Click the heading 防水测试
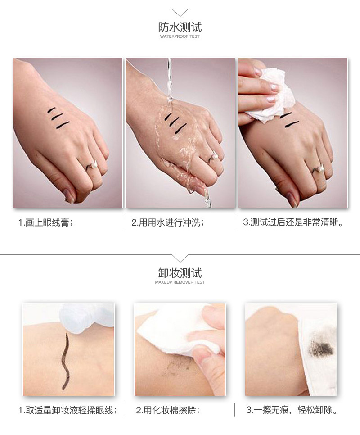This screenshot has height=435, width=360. pyautogui.click(x=180, y=27)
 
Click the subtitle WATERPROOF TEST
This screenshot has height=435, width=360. pyautogui.click(x=180, y=36)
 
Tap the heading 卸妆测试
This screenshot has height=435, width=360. pyautogui.click(x=180, y=273)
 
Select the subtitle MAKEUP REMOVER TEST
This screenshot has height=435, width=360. pyautogui.click(x=180, y=282)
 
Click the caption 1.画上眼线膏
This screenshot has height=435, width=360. pyautogui.click(x=45, y=222)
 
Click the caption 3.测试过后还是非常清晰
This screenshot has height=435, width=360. pyautogui.click(x=293, y=222)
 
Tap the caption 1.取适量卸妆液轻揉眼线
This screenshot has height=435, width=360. pyautogui.click(x=68, y=410)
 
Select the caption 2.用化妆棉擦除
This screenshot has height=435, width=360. pyautogui.click(x=168, y=410)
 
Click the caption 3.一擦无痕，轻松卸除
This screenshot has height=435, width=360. pyautogui.click(x=292, y=410)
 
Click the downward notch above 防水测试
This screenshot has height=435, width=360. pyautogui.click(x=180, y=12)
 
